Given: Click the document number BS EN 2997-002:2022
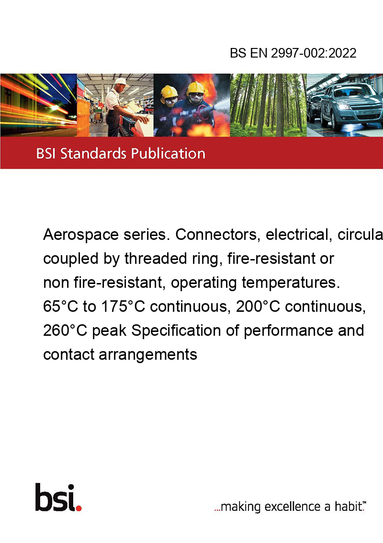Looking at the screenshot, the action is [x=293, y=53].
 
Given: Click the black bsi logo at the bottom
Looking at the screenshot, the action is [x=56, y=497].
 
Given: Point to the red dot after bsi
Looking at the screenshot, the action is [x=79, y=508].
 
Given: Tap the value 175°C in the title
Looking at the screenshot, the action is [x=123, y=307].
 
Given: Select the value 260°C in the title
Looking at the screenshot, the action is [x=65, y=331].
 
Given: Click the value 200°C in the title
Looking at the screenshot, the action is [x=258, y=307].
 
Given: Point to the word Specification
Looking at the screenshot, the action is [x=176, y=331].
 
